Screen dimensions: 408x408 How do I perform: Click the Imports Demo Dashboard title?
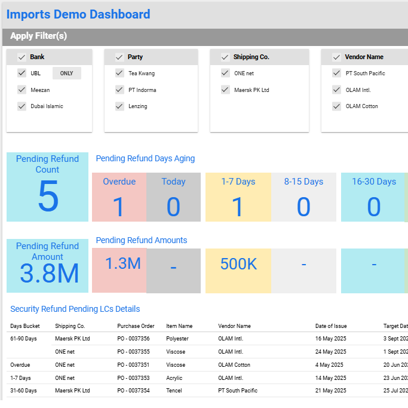(x=78, y=14)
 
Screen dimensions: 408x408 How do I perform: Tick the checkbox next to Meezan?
(x=22, y=90)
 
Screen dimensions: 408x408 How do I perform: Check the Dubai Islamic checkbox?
(x=22, y=106)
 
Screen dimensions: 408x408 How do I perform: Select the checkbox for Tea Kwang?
(x=119, y=73)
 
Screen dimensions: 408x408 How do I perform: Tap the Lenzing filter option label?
(x=138, y=106)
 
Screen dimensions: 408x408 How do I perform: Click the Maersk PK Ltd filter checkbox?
(x=225, y=90)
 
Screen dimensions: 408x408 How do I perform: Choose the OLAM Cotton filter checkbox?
(x=337, y=106)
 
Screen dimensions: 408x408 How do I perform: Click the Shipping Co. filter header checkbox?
(x=225, y=57)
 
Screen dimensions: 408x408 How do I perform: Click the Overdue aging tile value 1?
(x=118, y=207)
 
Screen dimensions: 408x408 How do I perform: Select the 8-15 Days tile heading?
(x=303, y=182)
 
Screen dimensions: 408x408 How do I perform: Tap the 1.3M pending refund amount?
(x=123, y=263)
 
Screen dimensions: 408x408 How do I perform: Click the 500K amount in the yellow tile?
(x=238, y=263)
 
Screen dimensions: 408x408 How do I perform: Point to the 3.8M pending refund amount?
(x=49, y=274)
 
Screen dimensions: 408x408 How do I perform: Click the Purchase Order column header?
(x=136, y=326)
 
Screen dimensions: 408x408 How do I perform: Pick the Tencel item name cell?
(x=174, y=391)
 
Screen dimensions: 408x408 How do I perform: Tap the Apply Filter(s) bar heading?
(x=39, y=36)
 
